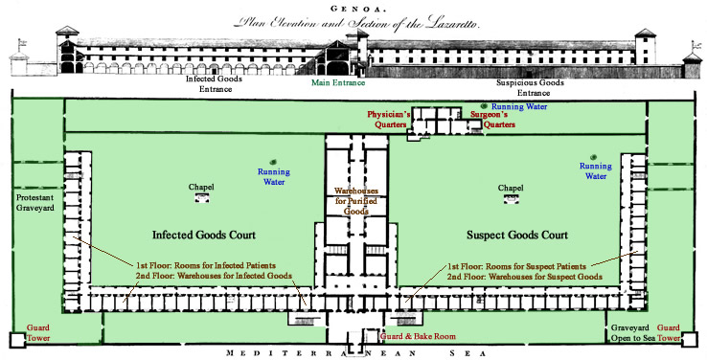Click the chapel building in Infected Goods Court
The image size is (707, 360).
coord(202,198)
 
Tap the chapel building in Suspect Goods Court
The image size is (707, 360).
coord(512,198)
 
